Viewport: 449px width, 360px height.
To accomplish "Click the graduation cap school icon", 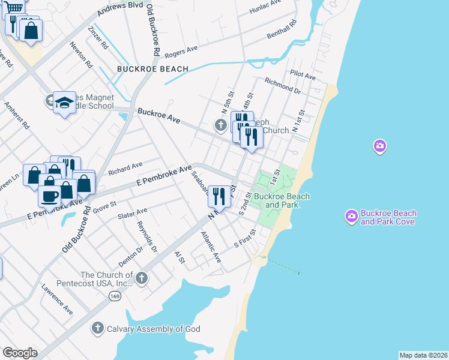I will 64,104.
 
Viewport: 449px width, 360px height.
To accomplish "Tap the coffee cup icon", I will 49,196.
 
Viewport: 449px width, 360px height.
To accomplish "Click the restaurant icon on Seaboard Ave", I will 219,197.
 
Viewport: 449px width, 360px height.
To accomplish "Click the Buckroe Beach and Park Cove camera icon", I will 352,215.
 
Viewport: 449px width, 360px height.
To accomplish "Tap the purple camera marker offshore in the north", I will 379,146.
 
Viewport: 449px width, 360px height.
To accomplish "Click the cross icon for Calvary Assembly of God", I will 97,328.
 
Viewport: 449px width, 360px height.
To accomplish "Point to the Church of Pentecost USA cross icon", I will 142,277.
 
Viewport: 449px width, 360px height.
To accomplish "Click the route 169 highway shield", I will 114,295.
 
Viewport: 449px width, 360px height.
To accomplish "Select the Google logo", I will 20,353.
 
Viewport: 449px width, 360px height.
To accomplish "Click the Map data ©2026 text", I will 423,355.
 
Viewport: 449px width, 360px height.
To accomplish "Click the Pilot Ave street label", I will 303,76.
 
